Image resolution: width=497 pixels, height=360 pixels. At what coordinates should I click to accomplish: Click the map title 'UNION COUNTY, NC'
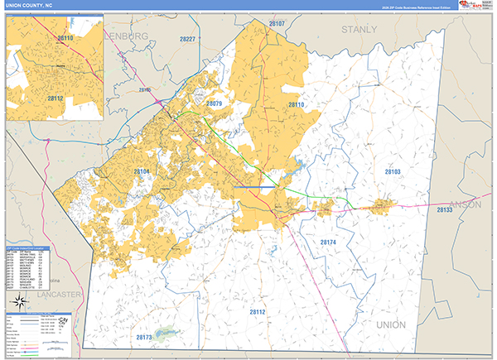[x=31, y=5]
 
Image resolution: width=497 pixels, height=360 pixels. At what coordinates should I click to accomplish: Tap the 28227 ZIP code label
[x=188, y=39]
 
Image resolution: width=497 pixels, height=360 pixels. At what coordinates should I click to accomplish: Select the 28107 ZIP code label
[x=276, y=24]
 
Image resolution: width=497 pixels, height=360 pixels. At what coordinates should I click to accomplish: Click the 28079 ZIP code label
[x=214, y=104]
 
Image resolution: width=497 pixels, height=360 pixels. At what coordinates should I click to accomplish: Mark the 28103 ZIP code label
[x=393, y=171]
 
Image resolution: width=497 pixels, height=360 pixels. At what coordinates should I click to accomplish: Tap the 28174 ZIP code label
[x=329, y=242]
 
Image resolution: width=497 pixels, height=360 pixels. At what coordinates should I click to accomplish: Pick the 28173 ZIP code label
[x=144, y=338]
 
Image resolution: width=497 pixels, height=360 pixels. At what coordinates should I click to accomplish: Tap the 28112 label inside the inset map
[x=55, y=98]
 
